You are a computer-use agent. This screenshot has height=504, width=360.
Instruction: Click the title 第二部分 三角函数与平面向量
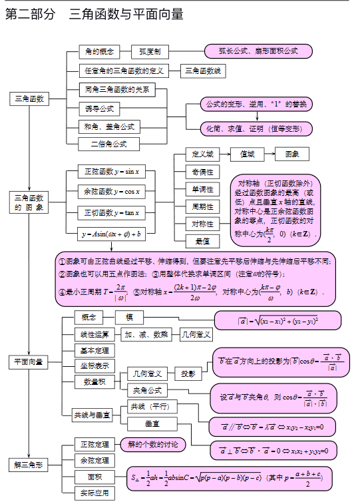(x=94, y=14)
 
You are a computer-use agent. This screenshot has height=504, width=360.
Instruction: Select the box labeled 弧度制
(x=150, y=51)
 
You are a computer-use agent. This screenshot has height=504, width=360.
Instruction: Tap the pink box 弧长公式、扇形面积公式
(x=258, y=51)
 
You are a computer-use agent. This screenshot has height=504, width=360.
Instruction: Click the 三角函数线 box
(x=204, y=71)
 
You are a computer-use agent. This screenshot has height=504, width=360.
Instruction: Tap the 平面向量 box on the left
(x=29, y=362)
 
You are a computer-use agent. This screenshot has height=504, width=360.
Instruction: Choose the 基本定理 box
(x=94, y=350)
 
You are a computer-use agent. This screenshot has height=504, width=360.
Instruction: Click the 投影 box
(x=188, y=374)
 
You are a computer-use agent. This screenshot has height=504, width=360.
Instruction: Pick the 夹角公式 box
(x=148, y=390)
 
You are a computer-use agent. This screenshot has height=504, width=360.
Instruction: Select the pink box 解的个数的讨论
(x=152, y=444)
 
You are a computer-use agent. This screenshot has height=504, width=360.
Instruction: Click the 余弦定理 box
(x=94, y=460)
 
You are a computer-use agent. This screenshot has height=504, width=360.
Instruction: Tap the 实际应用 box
(x=94, y=493)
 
